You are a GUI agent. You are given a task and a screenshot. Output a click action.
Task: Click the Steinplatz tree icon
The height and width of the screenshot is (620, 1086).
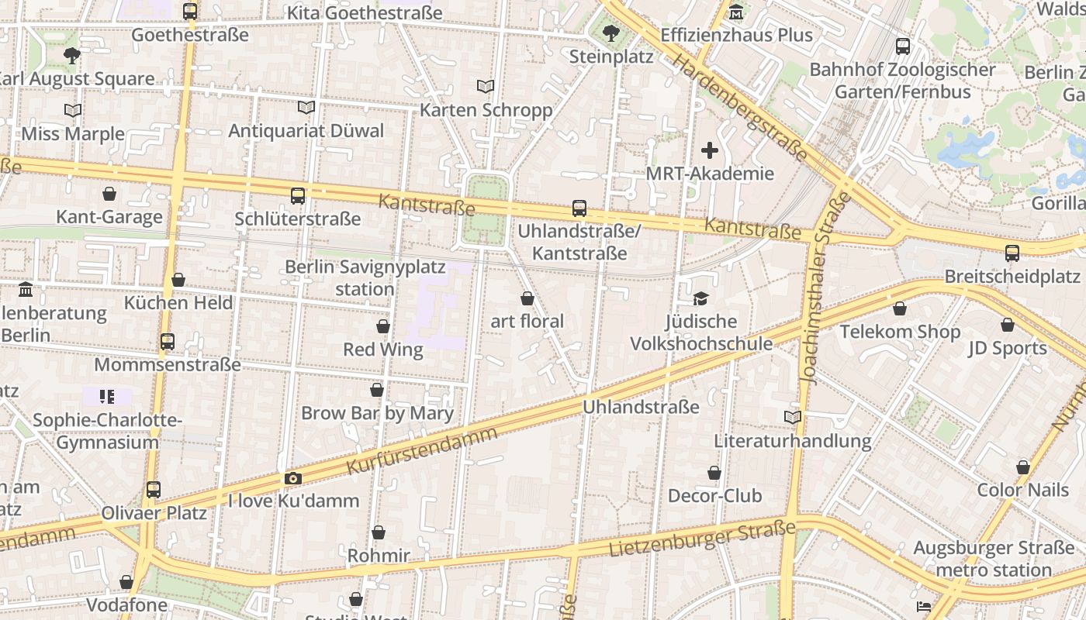[610, 33]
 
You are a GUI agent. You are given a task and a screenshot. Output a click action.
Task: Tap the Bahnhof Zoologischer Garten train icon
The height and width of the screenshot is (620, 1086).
[903, 46]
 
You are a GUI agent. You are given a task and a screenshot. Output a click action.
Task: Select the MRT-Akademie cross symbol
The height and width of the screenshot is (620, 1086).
[710, 150]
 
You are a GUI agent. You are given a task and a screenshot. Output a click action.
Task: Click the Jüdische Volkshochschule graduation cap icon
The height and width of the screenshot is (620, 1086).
[700, 298]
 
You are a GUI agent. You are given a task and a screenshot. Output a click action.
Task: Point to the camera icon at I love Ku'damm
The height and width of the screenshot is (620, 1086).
[292, 478]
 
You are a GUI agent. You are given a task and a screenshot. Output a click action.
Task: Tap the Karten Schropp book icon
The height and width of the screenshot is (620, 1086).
[486, 87]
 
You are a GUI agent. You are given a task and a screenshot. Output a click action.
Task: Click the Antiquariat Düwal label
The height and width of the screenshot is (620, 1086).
[306, 130]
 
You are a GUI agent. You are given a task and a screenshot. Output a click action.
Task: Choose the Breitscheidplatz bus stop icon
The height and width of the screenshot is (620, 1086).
[1012, 253]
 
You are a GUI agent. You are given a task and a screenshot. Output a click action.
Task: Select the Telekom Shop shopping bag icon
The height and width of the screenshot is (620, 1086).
[900, 309]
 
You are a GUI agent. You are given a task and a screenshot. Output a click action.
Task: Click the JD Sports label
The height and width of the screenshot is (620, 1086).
[1008, 348]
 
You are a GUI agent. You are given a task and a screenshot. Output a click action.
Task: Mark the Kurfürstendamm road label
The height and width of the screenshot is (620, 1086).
[421, 450]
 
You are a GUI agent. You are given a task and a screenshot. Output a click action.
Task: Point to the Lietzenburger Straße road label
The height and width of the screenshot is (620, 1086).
[703, 539]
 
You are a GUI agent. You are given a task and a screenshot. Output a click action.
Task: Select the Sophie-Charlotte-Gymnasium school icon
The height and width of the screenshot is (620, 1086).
[107, 397]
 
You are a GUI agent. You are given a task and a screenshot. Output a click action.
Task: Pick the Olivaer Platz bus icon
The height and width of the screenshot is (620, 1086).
[154, 490]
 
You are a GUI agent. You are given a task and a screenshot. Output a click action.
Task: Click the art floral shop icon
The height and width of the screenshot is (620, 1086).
[527, 298]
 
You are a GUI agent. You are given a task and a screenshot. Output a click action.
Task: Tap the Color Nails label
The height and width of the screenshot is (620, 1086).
[1022, 490]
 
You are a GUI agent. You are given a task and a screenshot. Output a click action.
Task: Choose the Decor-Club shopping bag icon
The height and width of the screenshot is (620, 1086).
[714, 473]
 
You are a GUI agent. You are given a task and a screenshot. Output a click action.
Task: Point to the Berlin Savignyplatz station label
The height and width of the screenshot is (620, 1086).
[365, 278]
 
